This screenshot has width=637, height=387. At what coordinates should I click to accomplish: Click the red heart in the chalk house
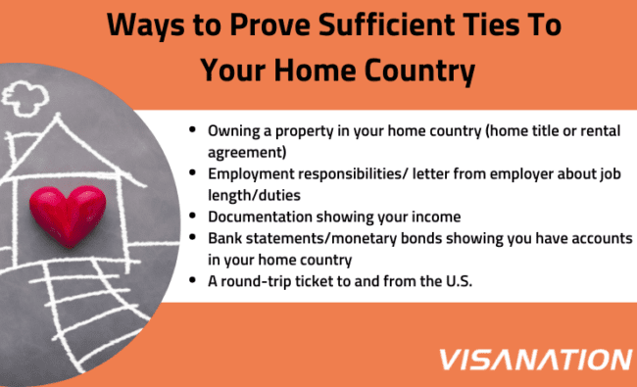[x=68, y=215]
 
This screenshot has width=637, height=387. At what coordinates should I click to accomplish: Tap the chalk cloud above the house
[x=25, y=98]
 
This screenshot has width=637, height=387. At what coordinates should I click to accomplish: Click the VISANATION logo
[x=536, y=360]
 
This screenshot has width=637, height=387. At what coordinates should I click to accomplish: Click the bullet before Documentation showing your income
[x=192, y=216]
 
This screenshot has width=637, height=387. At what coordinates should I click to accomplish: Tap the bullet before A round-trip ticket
[x=192, y=280]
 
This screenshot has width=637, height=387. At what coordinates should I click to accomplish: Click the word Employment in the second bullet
[x=251, y=174]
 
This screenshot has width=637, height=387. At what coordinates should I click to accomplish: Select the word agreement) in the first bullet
[x=247, y=152]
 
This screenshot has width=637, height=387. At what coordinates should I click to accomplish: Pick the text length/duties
[x=255, y=195]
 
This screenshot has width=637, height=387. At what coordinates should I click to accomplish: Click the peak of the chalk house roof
[x=58, y=116]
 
